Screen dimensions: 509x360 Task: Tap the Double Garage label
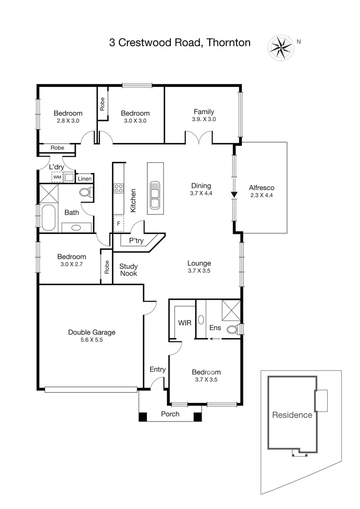[x=92, y=332]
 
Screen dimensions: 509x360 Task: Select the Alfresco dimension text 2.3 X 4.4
[x=261, y=195]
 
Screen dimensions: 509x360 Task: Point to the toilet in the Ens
[x=233, y=329]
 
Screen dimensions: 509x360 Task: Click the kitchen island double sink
[x=155, y=194]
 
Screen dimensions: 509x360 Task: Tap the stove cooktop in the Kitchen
[x=119, y=188]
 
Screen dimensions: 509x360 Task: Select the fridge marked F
[x=118, y=223]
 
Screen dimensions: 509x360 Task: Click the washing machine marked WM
[x=57, y=177]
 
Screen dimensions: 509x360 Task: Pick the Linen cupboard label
[x=84, y=179]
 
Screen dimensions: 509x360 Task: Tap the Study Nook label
[x=128, y=269]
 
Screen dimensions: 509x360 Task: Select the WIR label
[x=185, y=323]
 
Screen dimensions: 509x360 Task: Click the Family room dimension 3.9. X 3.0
[x=204, y=119]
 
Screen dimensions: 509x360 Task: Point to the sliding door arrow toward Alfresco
[x=234, y=194]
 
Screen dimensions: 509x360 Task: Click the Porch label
[x=170, y=414]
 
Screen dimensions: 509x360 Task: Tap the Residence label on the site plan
[x=292, y=415]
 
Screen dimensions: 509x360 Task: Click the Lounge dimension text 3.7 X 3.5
[x=199, y=270]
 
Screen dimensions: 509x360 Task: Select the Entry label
[x=157, y=369]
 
